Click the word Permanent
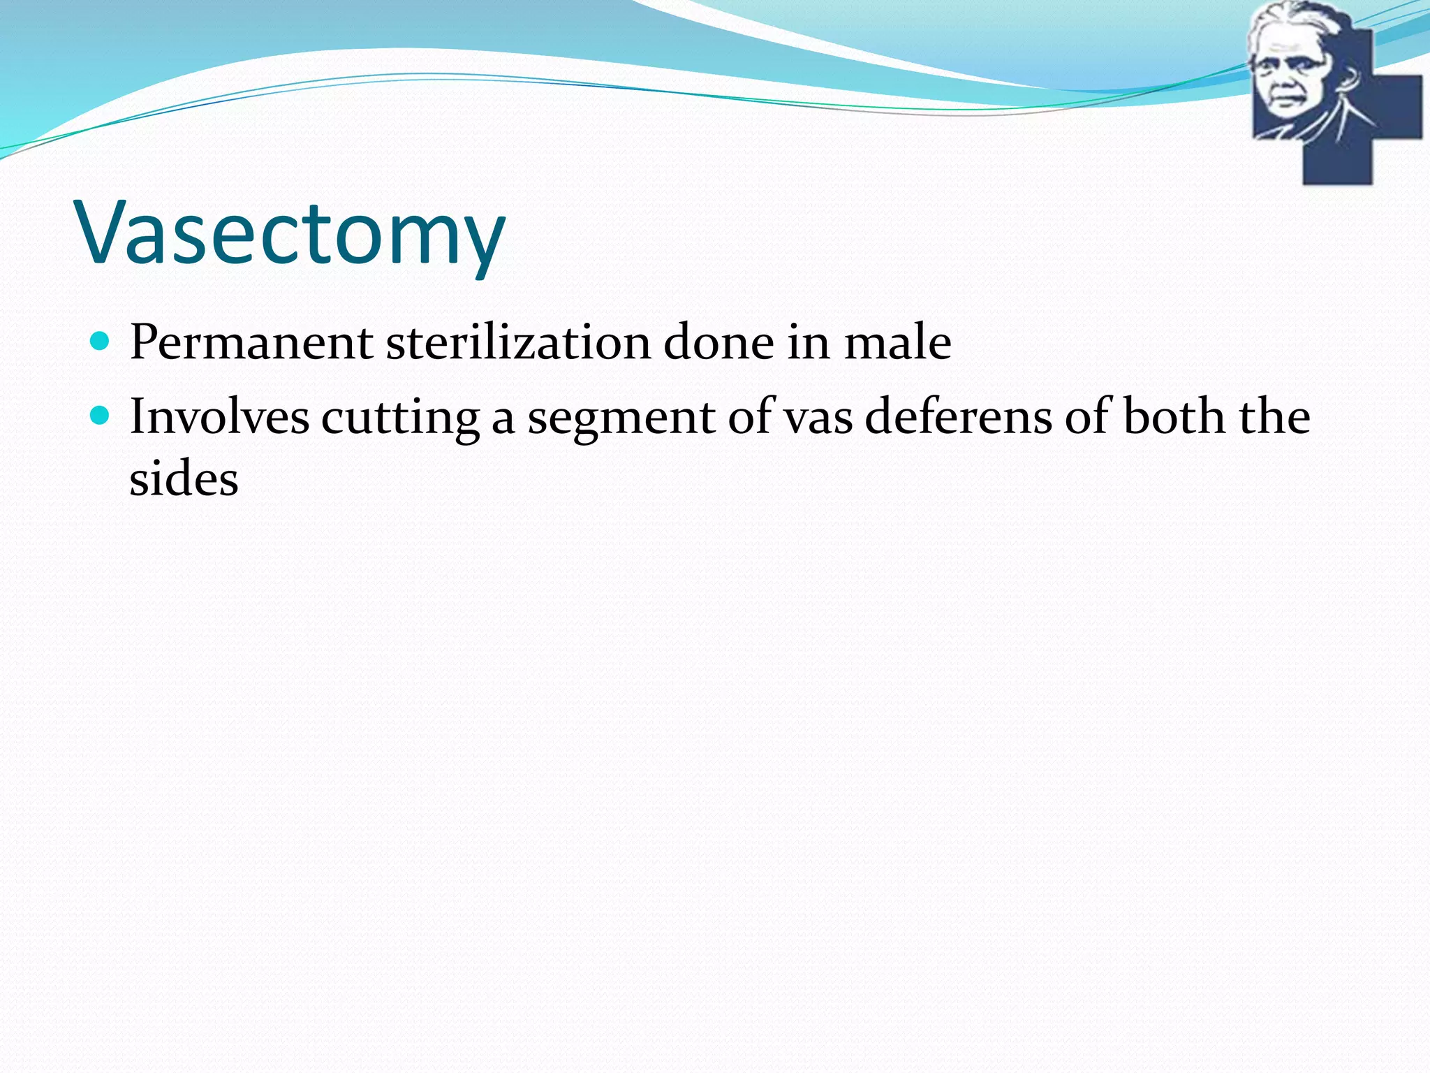[251, 343]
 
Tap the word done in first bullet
[718, 343]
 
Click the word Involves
[219, 417]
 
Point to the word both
[1174, 417]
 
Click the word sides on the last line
[184, 480]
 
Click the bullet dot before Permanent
[101, 342]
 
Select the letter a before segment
[503, 419]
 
